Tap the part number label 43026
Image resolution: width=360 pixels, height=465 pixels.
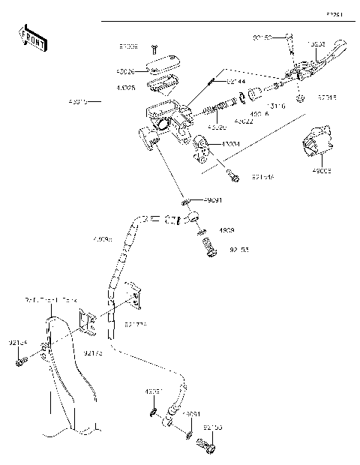click(x=124, y=73)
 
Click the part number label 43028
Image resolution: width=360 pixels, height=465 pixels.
click(x=124, y=88)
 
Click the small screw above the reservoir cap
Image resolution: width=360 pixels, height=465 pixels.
click(x=153, y=49)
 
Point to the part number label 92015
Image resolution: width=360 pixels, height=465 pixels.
click(x=327, y=97)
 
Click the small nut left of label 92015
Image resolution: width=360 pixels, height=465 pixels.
click(x=300, y=98)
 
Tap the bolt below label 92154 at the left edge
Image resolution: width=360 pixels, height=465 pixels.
click(x=19, y=361)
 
